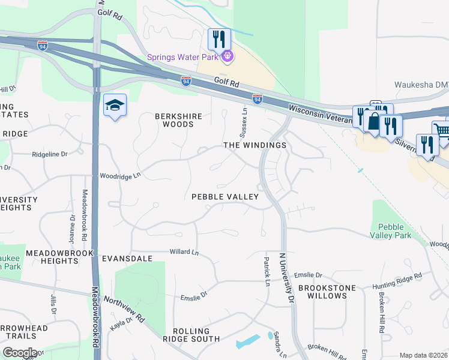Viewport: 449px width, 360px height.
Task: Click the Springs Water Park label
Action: click(183, 58)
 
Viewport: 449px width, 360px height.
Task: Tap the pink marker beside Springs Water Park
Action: click(228, 58)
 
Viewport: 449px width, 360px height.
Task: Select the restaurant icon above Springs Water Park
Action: click(219, 40)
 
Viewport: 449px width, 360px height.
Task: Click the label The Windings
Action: click(255, 145)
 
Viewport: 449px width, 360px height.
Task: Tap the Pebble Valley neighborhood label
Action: click(224, 197)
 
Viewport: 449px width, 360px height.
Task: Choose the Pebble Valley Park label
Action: click(395, 231)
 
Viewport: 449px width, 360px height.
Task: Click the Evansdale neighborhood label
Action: click(125, 258)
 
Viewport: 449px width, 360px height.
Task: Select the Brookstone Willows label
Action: click(327, 292)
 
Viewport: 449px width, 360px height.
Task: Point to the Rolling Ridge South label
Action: click(191, 335)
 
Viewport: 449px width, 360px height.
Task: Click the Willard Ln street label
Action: click(184, 253)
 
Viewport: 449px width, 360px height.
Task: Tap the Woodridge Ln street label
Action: click(120, 175)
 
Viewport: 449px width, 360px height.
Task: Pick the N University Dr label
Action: click(286, 277)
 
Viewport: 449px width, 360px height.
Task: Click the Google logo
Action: click(20, 353)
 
